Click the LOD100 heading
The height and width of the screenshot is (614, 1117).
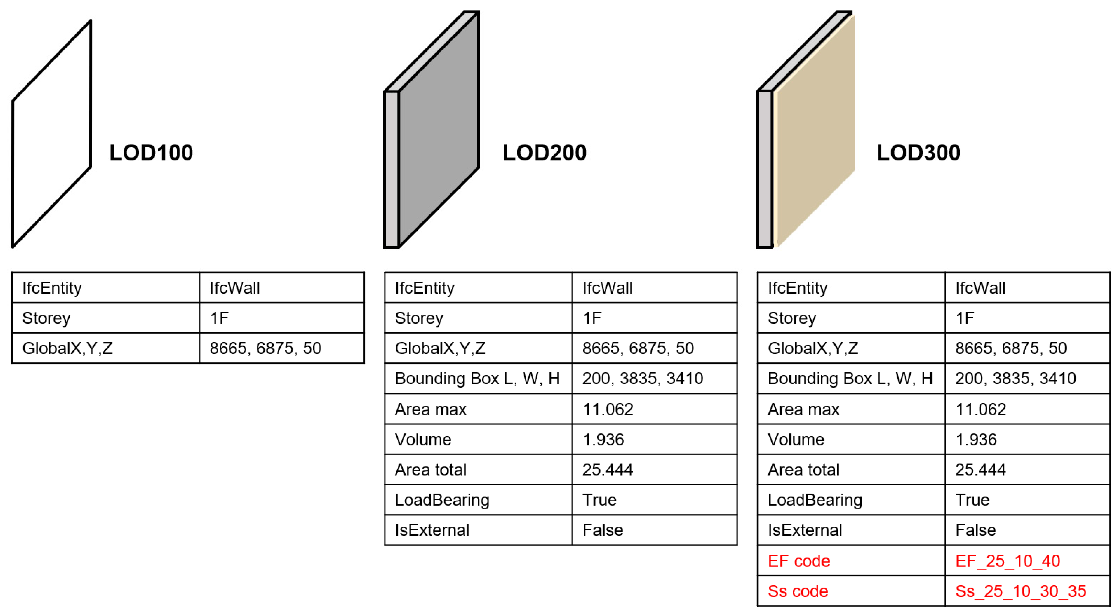coord(151,153)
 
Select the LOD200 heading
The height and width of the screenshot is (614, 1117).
coord(544,153)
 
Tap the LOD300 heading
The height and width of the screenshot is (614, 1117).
coord(918,153)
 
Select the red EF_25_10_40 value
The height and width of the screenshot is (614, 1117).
coord(1007,561)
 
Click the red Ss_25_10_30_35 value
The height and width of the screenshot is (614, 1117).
coord(1020,591)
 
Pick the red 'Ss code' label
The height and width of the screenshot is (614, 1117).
coord(797,591)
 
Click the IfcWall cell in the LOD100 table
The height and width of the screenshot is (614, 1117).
coord(234,288)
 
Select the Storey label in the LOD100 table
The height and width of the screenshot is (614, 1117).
coord(46,318)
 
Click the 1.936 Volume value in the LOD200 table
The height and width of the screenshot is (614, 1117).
coord(603,439)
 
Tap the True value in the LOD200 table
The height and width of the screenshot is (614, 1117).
coord(599,500)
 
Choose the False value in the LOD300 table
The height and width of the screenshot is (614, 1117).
coord(975,530)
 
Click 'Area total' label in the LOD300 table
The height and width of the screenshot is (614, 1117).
coord(803,469)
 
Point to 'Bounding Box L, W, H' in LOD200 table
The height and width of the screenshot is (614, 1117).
coord(477,379)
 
